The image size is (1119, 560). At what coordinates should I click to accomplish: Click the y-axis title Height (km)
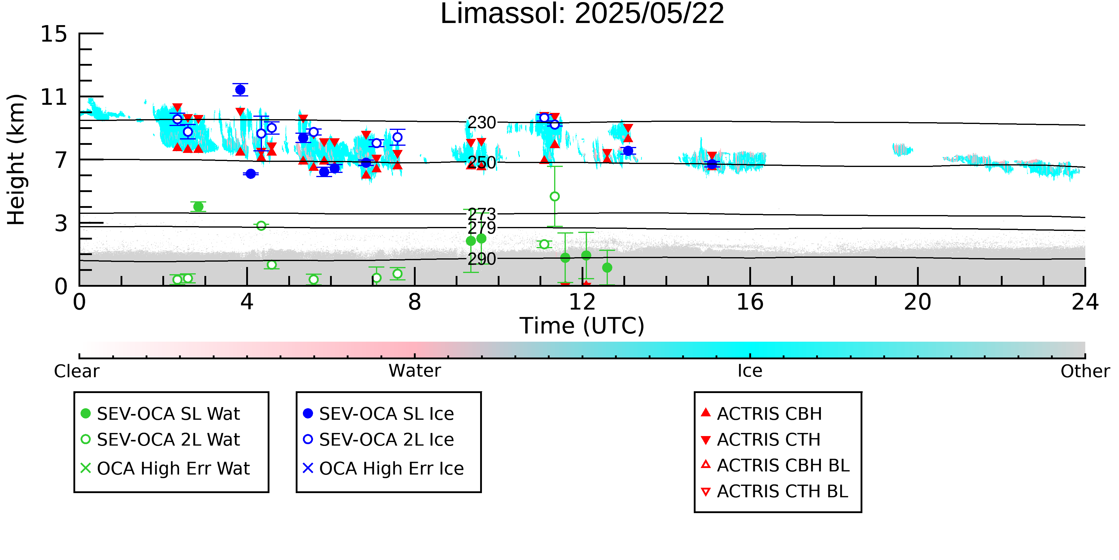tap(16, 159)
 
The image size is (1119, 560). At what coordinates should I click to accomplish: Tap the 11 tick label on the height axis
tap(54, 97)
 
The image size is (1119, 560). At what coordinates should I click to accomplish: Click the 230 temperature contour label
tap(482, 123)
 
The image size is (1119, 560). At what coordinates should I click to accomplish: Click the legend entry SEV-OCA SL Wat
tap(161, 413)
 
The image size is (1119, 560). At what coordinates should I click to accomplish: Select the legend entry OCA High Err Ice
tap(383, 468)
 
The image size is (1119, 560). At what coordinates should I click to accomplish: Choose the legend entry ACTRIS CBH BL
tap(776, 465)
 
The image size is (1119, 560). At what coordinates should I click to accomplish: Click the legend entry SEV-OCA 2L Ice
tap(378, 440)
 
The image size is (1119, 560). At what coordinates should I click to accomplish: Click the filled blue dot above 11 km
tap(240, 90)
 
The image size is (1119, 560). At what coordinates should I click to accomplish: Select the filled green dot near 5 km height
tap(198, 206)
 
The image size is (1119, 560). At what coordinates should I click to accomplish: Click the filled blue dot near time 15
tap(712, 164)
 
